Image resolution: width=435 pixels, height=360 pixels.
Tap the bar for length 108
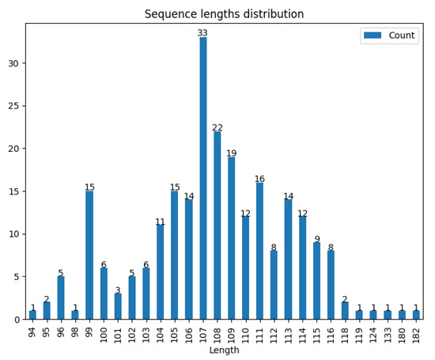click(x=217, y=225)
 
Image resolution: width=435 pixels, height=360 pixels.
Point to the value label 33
click(x=203, y=33)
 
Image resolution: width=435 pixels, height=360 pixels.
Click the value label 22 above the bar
click(x=217, y=127)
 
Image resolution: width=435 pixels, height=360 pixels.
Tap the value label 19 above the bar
click(x=232, y=153)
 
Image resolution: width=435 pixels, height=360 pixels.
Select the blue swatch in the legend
click(x=373, y=36)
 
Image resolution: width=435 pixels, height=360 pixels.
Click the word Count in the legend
click(x=402, y=36)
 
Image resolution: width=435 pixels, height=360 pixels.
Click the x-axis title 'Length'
click(x=224, y=351)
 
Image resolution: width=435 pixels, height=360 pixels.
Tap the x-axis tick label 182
click(x=416, y=332)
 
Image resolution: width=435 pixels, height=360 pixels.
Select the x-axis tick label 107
click(x=203, y=332)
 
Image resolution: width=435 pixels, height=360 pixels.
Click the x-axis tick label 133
click(x=388, y=332)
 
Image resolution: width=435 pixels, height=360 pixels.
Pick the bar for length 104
click(x=161, y=272)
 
